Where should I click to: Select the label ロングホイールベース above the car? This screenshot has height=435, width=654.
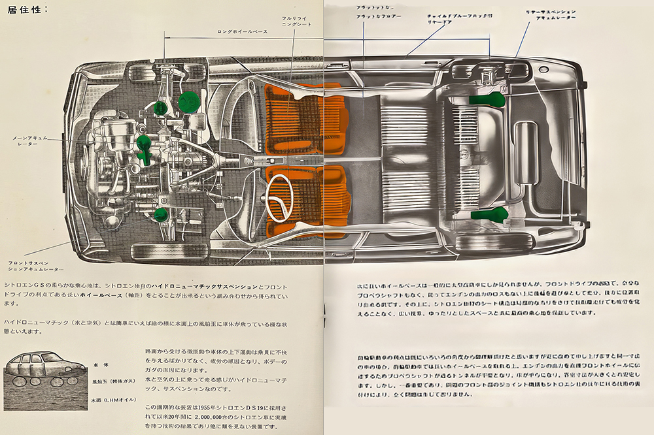click(x=243, y=31)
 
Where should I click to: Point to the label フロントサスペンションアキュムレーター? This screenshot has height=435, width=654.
click(x=36, y=266)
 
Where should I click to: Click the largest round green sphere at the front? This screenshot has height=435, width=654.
click(x=189, y=101)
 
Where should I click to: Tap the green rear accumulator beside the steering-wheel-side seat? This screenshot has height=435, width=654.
click(x=489, y=214)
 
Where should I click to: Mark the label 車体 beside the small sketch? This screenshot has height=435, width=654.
click(x=100, y=362)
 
